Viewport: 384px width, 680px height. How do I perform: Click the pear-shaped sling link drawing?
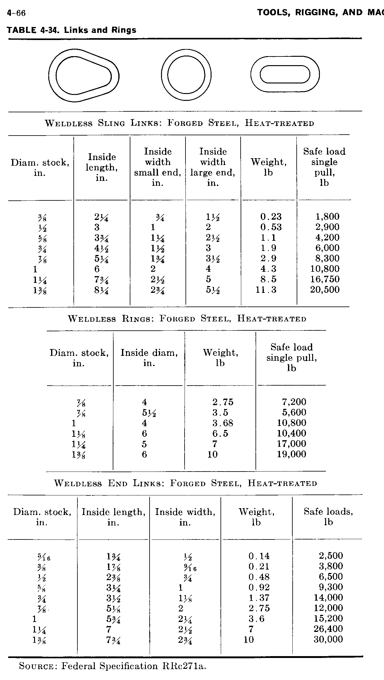[84, 75]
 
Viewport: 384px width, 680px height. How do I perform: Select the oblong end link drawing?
[285, 74]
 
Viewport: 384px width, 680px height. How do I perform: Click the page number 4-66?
[16, 13]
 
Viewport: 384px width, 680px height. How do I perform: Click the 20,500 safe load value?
[325, 290]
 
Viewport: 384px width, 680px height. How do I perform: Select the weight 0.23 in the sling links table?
[271, 217]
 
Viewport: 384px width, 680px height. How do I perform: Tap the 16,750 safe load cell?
[325, 279]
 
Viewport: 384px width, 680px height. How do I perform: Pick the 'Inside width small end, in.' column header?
[157, 167]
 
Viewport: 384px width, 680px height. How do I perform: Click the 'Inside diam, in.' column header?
[149, 358]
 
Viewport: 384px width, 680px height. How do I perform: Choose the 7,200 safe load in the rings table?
[294, 402]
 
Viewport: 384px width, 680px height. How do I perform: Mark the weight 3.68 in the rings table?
[223, 423]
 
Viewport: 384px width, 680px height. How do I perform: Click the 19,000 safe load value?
[291, 454]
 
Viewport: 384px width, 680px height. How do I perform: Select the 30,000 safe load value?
[328, 639]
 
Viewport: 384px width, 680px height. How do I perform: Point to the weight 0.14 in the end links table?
[259, 556]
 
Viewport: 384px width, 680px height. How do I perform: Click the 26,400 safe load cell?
[328, 629]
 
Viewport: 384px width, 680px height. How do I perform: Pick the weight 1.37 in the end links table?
[259, 597]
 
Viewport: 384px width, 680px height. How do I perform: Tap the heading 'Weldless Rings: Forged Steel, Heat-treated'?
[187, 319]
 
